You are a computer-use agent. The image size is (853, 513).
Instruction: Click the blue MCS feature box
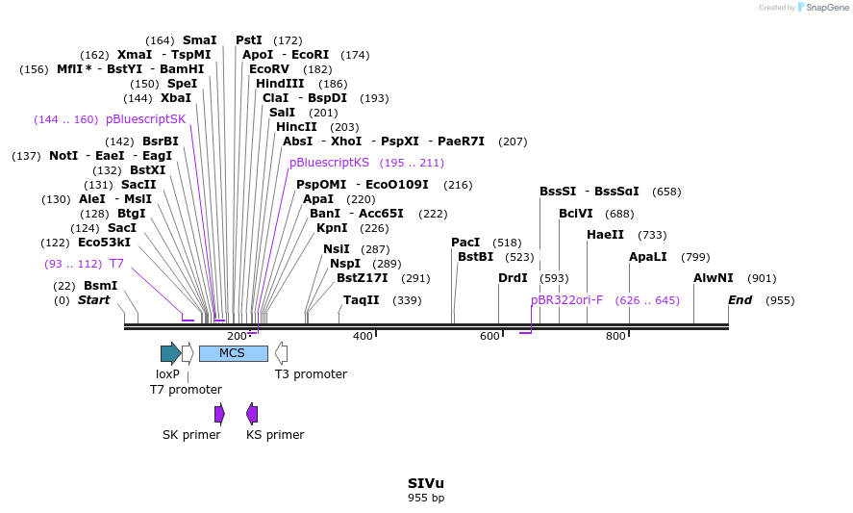point(233,353)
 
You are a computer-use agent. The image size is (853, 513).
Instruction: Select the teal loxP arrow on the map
point(170,353)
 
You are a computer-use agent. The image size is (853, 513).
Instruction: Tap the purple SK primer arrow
point(219,414)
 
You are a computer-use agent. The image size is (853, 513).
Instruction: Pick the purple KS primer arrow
point(252,414)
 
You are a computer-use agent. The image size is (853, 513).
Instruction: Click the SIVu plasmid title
point(426,483)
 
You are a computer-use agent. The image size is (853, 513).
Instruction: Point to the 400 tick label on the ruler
point(363,336)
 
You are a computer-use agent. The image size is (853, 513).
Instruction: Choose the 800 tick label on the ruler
point(615,336)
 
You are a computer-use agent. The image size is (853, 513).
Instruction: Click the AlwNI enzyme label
point(713,278)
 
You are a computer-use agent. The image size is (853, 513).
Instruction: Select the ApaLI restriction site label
point(649,257)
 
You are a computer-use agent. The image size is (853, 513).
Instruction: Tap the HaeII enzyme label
point(606,235)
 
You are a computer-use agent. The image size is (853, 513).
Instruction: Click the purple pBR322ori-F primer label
point(566,300)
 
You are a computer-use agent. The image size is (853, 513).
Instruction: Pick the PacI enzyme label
point(465,243)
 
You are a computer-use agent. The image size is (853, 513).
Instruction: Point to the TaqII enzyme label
point(362,300)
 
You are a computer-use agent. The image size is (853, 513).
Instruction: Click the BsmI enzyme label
point(100,286)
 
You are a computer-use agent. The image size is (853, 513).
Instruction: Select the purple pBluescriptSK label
point(145,119)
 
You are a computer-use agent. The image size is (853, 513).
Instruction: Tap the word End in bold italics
point(740,300)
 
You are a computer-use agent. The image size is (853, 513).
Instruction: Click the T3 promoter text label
point(311,374)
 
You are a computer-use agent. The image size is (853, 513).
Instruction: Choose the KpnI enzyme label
point(332,228)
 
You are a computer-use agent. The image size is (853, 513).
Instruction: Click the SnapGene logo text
point(827,8)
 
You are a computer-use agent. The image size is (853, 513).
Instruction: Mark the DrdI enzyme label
point(513,278)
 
